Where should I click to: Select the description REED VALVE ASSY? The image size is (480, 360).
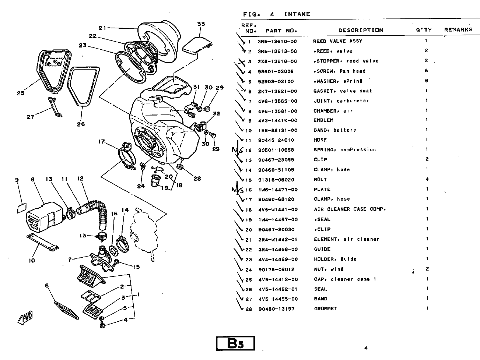(337, 41)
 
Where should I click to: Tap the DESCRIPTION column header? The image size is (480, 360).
(361, 30)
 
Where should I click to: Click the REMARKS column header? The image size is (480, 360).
(458, 30)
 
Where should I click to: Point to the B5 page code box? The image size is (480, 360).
(235, 343)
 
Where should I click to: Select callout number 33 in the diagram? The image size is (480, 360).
(201, 24)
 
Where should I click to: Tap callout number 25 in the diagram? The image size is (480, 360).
(21, 93)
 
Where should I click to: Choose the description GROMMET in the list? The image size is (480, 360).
(325, 309)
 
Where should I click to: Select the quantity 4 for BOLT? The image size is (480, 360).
(427, 179)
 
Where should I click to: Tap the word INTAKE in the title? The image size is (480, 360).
(297, 14)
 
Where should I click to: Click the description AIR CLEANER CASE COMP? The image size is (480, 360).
(350, 209)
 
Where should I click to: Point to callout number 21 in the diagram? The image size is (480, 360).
(102, 28)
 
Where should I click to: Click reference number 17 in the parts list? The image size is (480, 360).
(249, 200)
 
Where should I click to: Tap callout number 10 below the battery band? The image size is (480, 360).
(32, 260)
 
